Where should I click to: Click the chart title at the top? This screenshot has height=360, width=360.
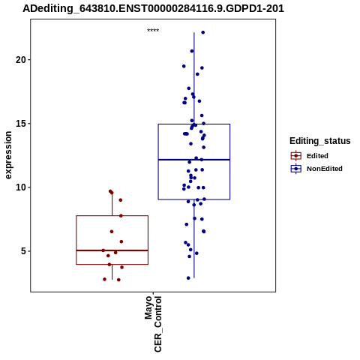click(153, 8)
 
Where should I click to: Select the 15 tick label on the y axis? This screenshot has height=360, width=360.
click(20, 124)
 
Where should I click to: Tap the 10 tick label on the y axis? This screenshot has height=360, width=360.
click(20, 187)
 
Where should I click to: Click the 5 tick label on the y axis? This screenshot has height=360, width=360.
click(23, 251)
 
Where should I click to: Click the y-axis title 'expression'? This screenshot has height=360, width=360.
click(8, 155)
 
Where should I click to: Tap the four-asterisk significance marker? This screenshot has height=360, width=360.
click(153, 31)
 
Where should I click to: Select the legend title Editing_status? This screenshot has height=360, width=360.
click(320, 141)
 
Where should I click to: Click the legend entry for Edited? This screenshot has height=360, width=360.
click(310, 156)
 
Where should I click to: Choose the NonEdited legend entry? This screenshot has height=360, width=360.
click(316, 169)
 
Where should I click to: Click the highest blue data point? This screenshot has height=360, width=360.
click(203, 32)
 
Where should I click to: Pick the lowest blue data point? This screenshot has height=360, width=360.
click(188, 278)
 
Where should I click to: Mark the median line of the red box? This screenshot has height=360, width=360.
click(112, 250)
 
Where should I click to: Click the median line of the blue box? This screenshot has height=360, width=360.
click(194, 160)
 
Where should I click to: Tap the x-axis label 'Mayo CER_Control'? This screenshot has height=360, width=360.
click(153, 324)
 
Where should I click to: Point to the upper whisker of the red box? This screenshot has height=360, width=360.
click(112, 203)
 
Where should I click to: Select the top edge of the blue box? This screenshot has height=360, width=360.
click(194, 124)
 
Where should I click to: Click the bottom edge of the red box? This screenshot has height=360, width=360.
click(112, 264)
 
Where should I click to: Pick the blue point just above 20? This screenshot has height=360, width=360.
click(192, 51)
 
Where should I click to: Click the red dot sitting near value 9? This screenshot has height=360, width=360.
click(121, 200)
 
